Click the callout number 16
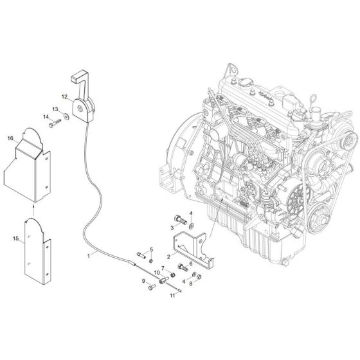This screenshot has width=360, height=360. [x=10, y=138]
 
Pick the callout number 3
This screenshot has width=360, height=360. [x=172, y=227]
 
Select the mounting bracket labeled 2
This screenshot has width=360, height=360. [x=188, y=247]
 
